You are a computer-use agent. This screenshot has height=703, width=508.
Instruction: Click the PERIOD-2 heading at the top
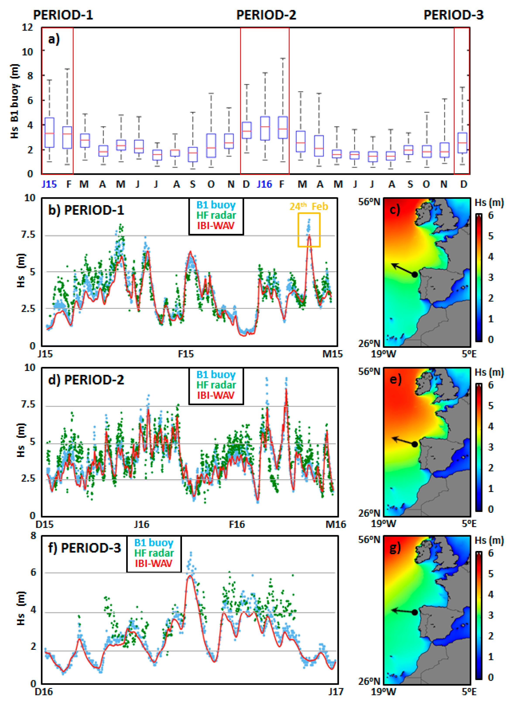coord(266,15)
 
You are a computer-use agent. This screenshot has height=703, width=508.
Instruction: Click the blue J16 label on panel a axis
coord(264,184)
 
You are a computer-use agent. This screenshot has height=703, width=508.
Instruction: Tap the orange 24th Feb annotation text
coord(309,206)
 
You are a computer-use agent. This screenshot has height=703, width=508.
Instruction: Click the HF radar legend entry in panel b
coord(216,215)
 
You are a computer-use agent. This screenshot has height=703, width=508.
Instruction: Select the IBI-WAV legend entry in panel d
coord(216,395)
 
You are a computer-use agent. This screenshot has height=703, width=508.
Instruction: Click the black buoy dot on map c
coord(415,274)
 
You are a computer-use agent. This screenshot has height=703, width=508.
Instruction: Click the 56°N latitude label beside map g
coord(369,539)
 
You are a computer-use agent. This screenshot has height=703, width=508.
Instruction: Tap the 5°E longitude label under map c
coord(469,354)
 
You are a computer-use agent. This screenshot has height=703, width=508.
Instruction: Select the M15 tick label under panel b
coord(332,354)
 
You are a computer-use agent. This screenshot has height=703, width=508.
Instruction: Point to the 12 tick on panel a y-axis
coord(27,27)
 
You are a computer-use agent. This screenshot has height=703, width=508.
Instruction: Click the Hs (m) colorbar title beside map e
coord(489,372)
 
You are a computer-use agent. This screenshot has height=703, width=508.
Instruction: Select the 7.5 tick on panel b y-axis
coord(28,234)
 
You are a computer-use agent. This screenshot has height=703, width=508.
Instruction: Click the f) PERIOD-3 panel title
coord(84,548)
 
